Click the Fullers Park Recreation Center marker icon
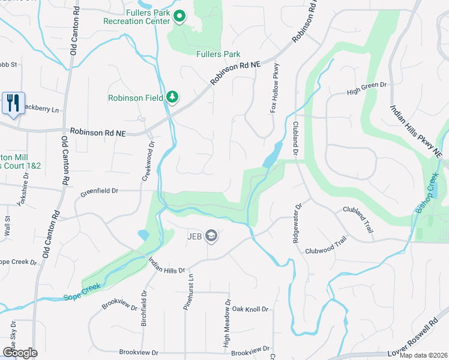tap(179, 16)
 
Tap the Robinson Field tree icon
tap(172, 97)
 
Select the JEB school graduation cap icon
tap(211, 236)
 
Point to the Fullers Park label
tap(218, 54)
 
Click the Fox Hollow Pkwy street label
tap(276, 88)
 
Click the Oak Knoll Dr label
tap(250, 309)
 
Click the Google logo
tap(20, 353)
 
